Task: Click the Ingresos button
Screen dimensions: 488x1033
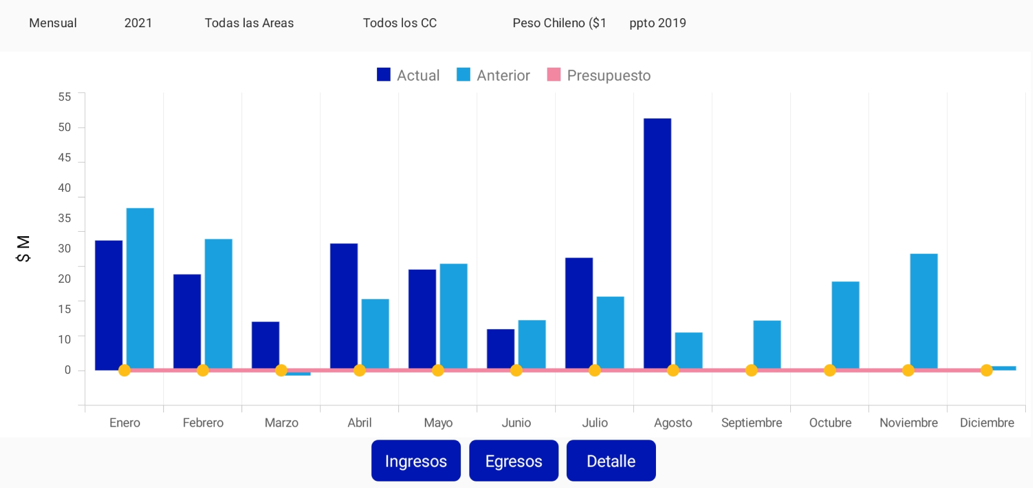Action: coord(416,461)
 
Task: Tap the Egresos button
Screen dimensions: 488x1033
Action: coord(513,461)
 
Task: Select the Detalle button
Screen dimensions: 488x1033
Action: coord(611,461)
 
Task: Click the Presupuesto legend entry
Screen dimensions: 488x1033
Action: coord(599,76)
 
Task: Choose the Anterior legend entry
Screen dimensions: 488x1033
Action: coord(493,76)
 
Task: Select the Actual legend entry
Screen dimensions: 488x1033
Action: coord(408,76)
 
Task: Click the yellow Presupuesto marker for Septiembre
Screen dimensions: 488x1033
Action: coord(752,371)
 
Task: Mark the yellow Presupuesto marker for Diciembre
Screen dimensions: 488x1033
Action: coord(987,371)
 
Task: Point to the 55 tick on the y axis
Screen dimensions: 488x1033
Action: coord(65,97)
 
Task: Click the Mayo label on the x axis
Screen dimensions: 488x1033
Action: coord(438,423)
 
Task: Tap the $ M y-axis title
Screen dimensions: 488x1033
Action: coord(23,249)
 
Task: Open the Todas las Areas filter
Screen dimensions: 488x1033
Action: coord(249,23)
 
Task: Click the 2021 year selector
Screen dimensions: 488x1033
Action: coord(138,23)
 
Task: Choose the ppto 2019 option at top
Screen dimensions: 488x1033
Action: coord(657,23)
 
